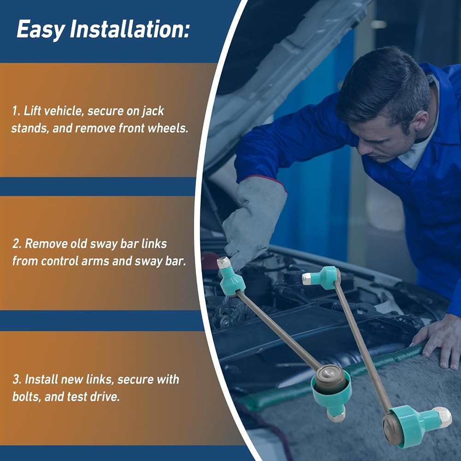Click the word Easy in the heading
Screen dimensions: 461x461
(41, 30)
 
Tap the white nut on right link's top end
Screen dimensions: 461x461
(307, 278)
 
